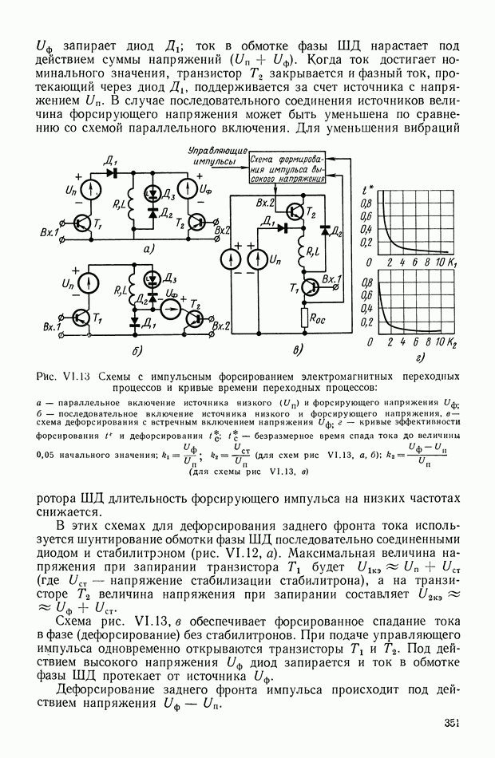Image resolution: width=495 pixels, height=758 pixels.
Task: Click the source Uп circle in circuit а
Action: coord(90,191)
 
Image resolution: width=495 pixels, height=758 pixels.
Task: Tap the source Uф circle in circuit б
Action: coord(168,306)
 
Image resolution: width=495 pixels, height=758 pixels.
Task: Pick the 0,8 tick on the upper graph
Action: coord(366,204)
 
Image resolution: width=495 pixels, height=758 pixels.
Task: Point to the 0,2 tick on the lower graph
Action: coord(366,322)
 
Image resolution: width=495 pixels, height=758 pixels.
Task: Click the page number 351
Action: coord(453,724)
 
